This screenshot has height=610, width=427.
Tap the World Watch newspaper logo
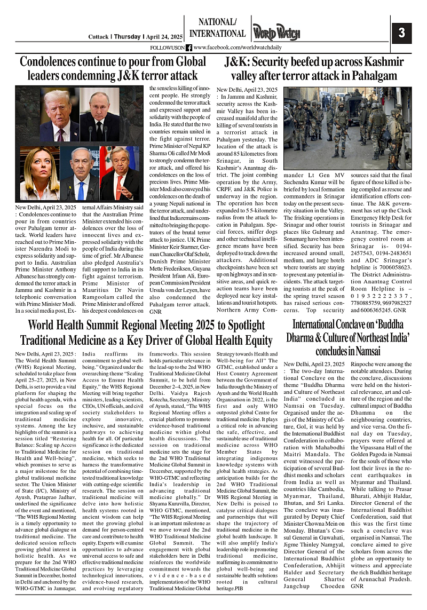276,33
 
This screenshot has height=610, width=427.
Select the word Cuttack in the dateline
99,37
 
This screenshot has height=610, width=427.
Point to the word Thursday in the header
128,37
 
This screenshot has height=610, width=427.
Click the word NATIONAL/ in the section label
217,22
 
